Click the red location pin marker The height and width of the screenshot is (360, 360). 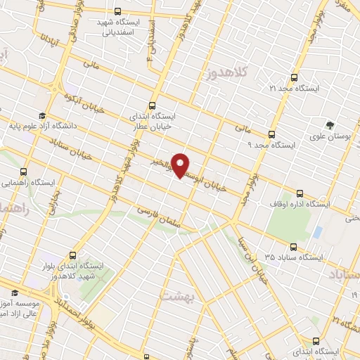pyautogui.click(x=181, y=165)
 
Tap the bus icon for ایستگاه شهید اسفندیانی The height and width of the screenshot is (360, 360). pyautogui.click(x=117, y=11)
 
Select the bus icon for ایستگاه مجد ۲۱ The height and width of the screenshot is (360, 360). pyautogui.click(x=293, y=78)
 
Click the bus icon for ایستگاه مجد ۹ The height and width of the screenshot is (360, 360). pyautogui.click(x=271, y=134)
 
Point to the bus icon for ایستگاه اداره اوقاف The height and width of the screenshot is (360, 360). pyautogui.click(x=300, y=193)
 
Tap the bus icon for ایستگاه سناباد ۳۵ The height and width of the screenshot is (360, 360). pyautogui.click(x=293, y=247)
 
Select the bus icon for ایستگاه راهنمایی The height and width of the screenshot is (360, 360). pyautogui.click(x=24, y=171)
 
